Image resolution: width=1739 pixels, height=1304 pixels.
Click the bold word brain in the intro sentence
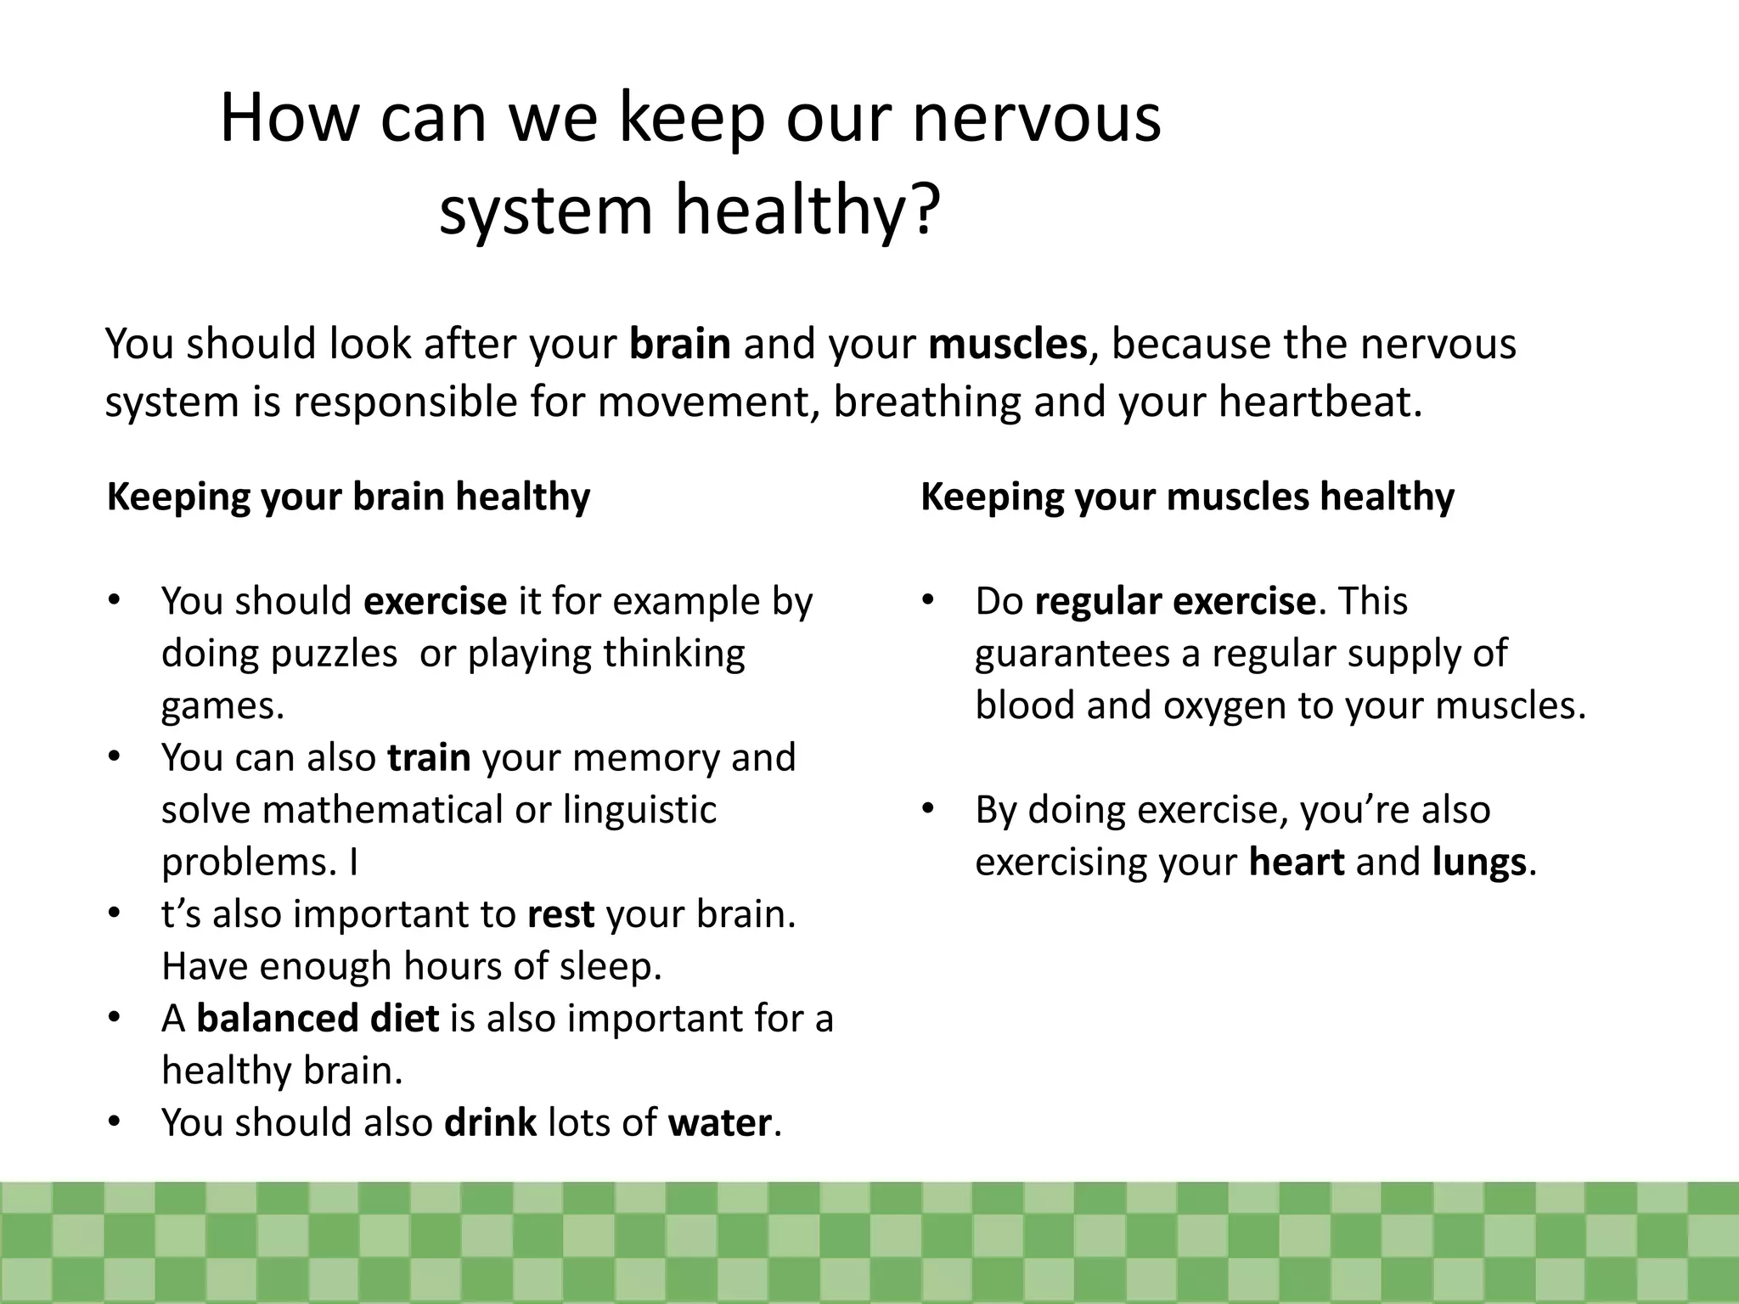(679, 344)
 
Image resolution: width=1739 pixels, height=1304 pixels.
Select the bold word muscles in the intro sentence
(1007, 344)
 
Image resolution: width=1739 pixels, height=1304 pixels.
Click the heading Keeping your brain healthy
(348, 497)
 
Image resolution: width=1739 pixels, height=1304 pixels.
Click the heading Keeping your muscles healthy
(1187, 497)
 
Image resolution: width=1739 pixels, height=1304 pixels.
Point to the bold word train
(429, 757)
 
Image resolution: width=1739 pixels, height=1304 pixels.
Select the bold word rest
(560, 914)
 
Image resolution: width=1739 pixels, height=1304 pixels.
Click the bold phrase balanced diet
(318, 1018)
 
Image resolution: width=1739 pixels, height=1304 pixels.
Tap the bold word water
(719, 1122)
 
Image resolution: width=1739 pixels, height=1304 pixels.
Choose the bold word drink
(490, 1122)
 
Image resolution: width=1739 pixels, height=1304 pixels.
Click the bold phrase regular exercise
(1175, 601)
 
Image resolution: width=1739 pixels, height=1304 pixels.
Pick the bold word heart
(1297, 863)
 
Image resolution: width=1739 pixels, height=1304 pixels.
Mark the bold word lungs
(1479, 863)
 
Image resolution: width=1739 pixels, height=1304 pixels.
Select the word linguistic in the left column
(639, 810)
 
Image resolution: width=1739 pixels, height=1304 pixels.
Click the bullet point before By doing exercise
(927, 808)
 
